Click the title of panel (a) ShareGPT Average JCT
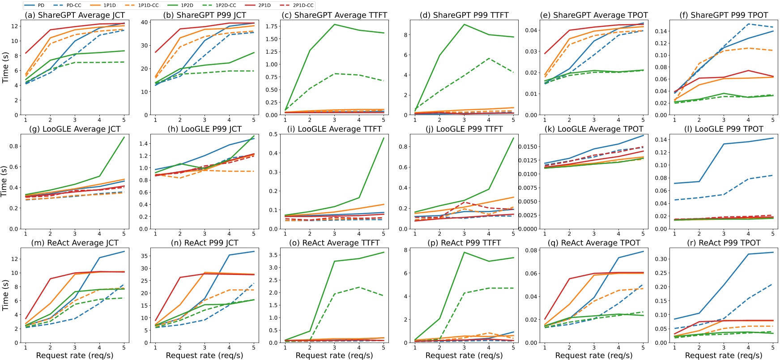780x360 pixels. coord(75,15)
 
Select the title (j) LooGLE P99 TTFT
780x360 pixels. coord(464,129)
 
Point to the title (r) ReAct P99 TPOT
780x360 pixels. coord(723,243)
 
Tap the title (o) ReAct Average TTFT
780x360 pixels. coord(334,243)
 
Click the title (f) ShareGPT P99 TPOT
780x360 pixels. coord(723,15)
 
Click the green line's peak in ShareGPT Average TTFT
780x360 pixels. coord(334,24)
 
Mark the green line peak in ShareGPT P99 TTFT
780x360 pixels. coord(464,24)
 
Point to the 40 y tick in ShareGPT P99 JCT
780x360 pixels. coord(145,22)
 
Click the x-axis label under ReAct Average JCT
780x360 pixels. coord(75,355)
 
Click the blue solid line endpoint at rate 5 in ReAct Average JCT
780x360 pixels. coord(124,251)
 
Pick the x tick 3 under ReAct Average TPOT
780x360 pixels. coord(594,347)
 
